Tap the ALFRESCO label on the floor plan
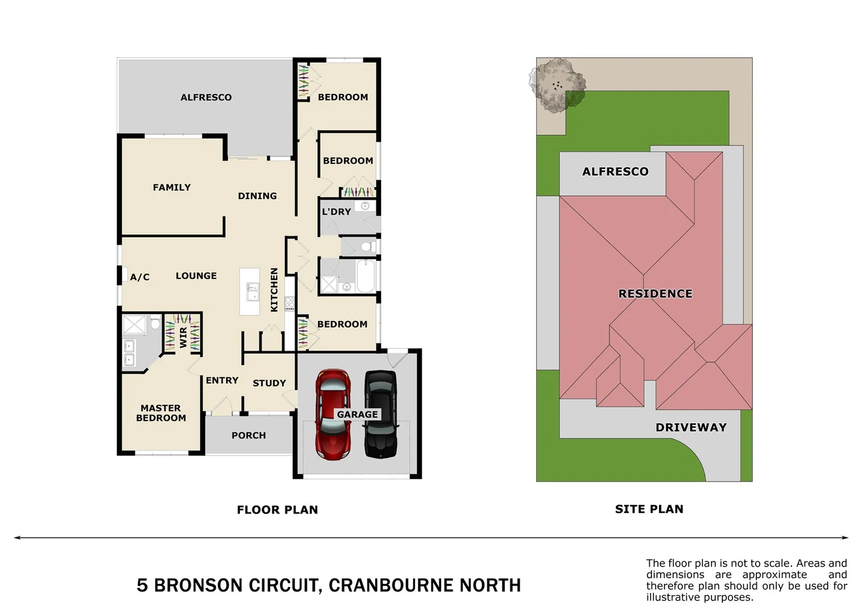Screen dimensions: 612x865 [206, 97]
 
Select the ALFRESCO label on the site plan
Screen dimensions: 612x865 [615, 172]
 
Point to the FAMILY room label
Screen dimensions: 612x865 [172, 188]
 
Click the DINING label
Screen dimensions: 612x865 [257, 196]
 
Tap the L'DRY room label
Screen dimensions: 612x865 [336, 212]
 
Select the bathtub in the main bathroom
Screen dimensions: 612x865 [366, 276]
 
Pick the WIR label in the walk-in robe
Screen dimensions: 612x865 [183, 337]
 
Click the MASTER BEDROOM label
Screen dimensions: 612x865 [161, 413]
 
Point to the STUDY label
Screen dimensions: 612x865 [269, 384]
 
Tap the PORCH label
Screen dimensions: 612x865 [249, 436]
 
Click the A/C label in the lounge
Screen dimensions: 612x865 [140, 277]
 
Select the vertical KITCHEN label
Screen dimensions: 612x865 [275, 290]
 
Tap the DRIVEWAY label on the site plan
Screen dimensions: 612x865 [691, 428]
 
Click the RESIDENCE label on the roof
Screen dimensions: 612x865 [656, 294]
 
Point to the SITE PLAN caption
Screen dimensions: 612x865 [649, 509]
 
